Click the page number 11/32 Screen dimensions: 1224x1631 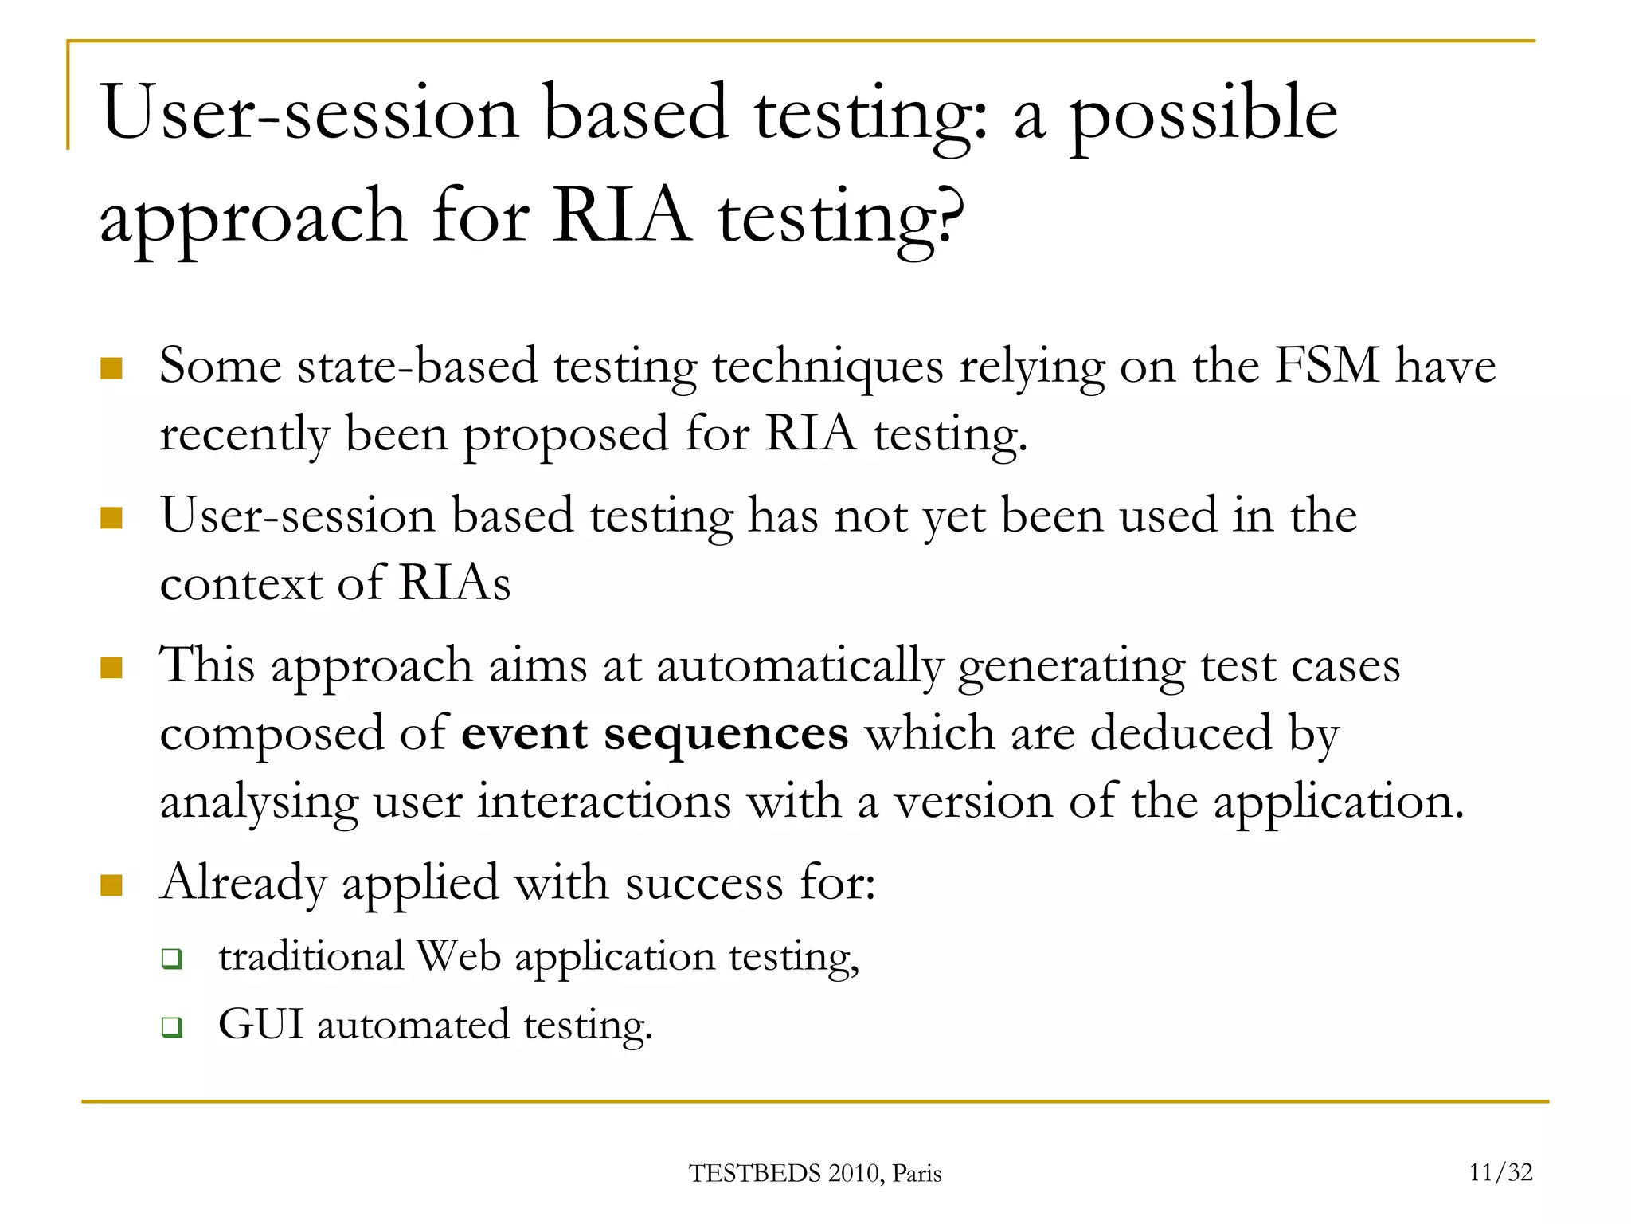tap(1500, 1172)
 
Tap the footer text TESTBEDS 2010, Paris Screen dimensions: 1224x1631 tap(815, 1174)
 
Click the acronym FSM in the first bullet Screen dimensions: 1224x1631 tap(1327, 366)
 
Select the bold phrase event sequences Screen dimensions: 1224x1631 tap(655, 733)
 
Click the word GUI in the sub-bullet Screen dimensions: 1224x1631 tap(260, 1025)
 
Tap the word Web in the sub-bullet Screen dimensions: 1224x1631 tap(459, 956)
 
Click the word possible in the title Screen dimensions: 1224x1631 tap(1203, 116)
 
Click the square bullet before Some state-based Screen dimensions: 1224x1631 tap(111, 368)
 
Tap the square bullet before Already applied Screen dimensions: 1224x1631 tap(111, 885)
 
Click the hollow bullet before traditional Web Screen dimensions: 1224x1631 tap(172, 959)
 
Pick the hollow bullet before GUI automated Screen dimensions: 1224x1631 tap(172, 1027)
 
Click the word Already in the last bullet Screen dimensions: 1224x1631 tap(243, 883)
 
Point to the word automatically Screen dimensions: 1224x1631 tap(799, 666)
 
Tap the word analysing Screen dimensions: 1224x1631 tap(259, 802)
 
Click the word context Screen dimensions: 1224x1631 tap(240, 584)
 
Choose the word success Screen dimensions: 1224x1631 tap(704, 883)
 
